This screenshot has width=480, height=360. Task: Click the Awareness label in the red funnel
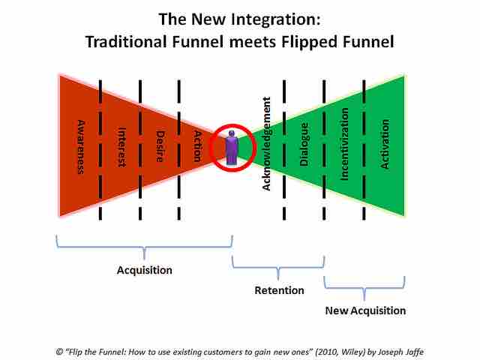point(80,145)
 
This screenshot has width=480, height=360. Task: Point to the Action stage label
point(197,142)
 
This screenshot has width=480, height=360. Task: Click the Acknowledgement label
point(267,148)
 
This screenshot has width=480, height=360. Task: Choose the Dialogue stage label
point(304,145)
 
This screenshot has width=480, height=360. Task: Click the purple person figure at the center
point(232,147)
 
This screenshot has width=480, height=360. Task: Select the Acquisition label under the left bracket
point(145,270)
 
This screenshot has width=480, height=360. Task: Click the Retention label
point(279,290)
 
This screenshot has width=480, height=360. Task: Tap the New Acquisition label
point(365,310)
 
